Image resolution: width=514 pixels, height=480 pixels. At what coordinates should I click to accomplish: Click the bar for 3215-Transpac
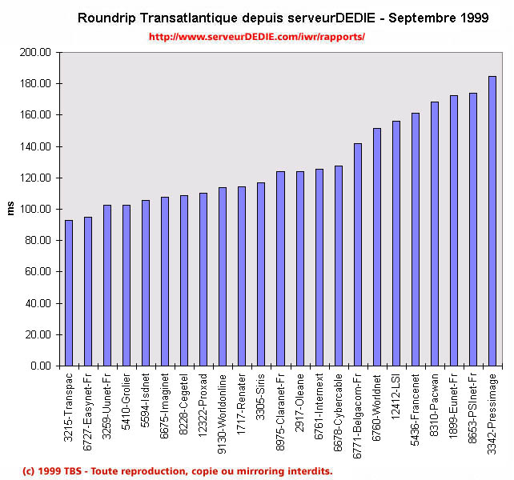click(x=69, y=293)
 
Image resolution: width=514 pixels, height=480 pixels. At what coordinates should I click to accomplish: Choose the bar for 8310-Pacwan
click(x=435, y=234)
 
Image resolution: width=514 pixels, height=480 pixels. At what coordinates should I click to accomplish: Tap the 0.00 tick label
click(x=40, y=366)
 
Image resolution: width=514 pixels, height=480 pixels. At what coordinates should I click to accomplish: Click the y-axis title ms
click(x=10, y=209)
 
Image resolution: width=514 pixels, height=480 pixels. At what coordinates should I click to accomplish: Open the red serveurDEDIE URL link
click(x=256, y=37)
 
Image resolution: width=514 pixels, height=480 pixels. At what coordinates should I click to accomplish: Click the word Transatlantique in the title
click(x=182, y=18)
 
